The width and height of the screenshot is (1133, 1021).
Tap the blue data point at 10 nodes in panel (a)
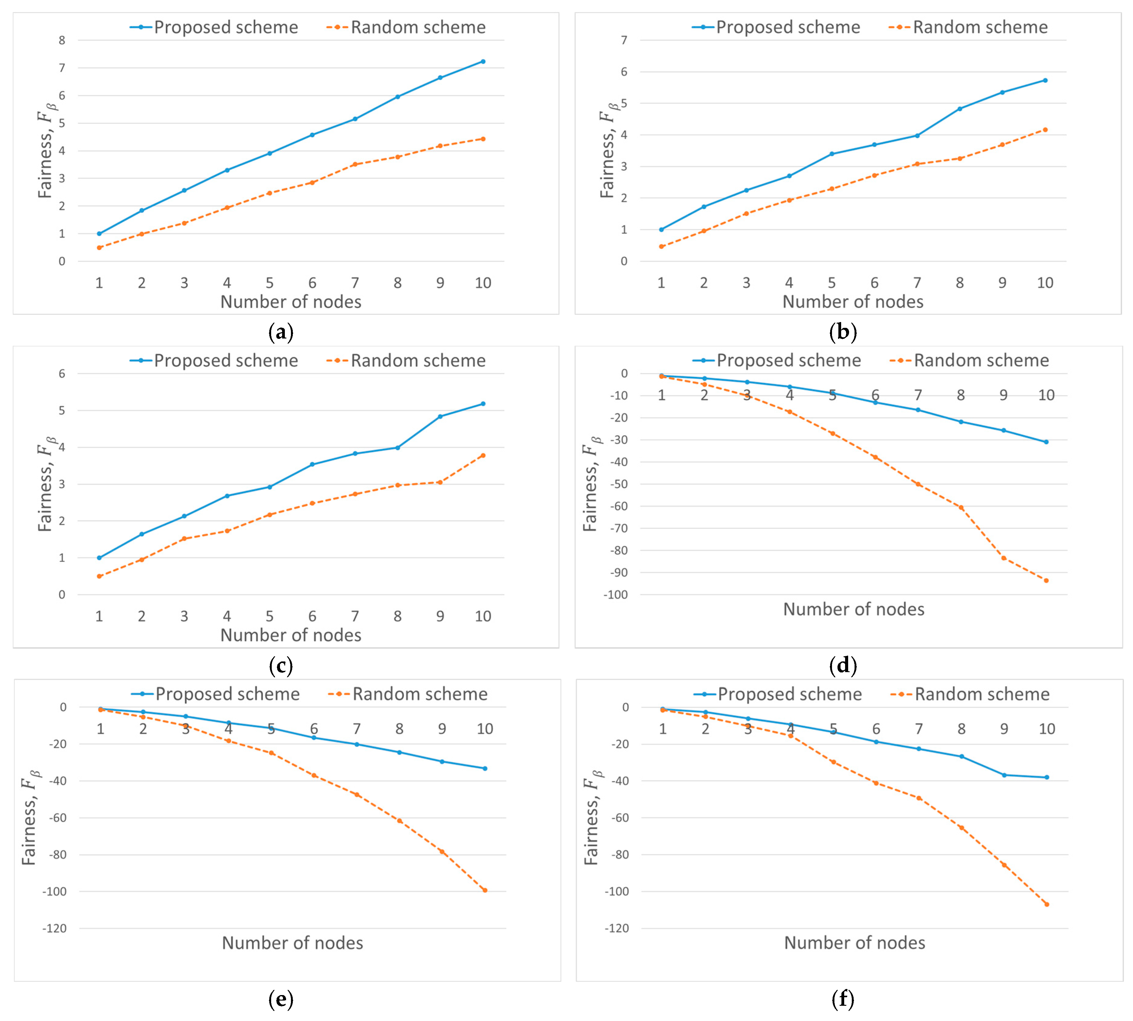(483, 61)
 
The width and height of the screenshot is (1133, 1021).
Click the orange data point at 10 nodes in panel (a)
(483, 138)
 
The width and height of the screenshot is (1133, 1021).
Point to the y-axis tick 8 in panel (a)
(62, 40)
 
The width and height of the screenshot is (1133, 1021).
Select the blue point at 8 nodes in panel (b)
(960, 109)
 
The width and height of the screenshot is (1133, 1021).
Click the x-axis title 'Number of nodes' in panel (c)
(291, 635)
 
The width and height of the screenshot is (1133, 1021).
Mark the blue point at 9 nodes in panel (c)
(440, 416)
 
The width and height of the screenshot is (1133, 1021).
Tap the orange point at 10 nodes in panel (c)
(483, 455)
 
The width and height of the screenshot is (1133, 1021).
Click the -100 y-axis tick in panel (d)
(615, 595)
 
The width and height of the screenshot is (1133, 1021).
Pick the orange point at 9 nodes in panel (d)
(1003, 558)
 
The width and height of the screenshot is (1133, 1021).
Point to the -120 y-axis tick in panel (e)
(54, 928)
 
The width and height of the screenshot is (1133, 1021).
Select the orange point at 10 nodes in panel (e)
(485, 890)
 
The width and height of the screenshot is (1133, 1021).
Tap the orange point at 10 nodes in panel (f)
(1047, 904)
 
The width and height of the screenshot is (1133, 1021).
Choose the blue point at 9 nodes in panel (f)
(1004, 775)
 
